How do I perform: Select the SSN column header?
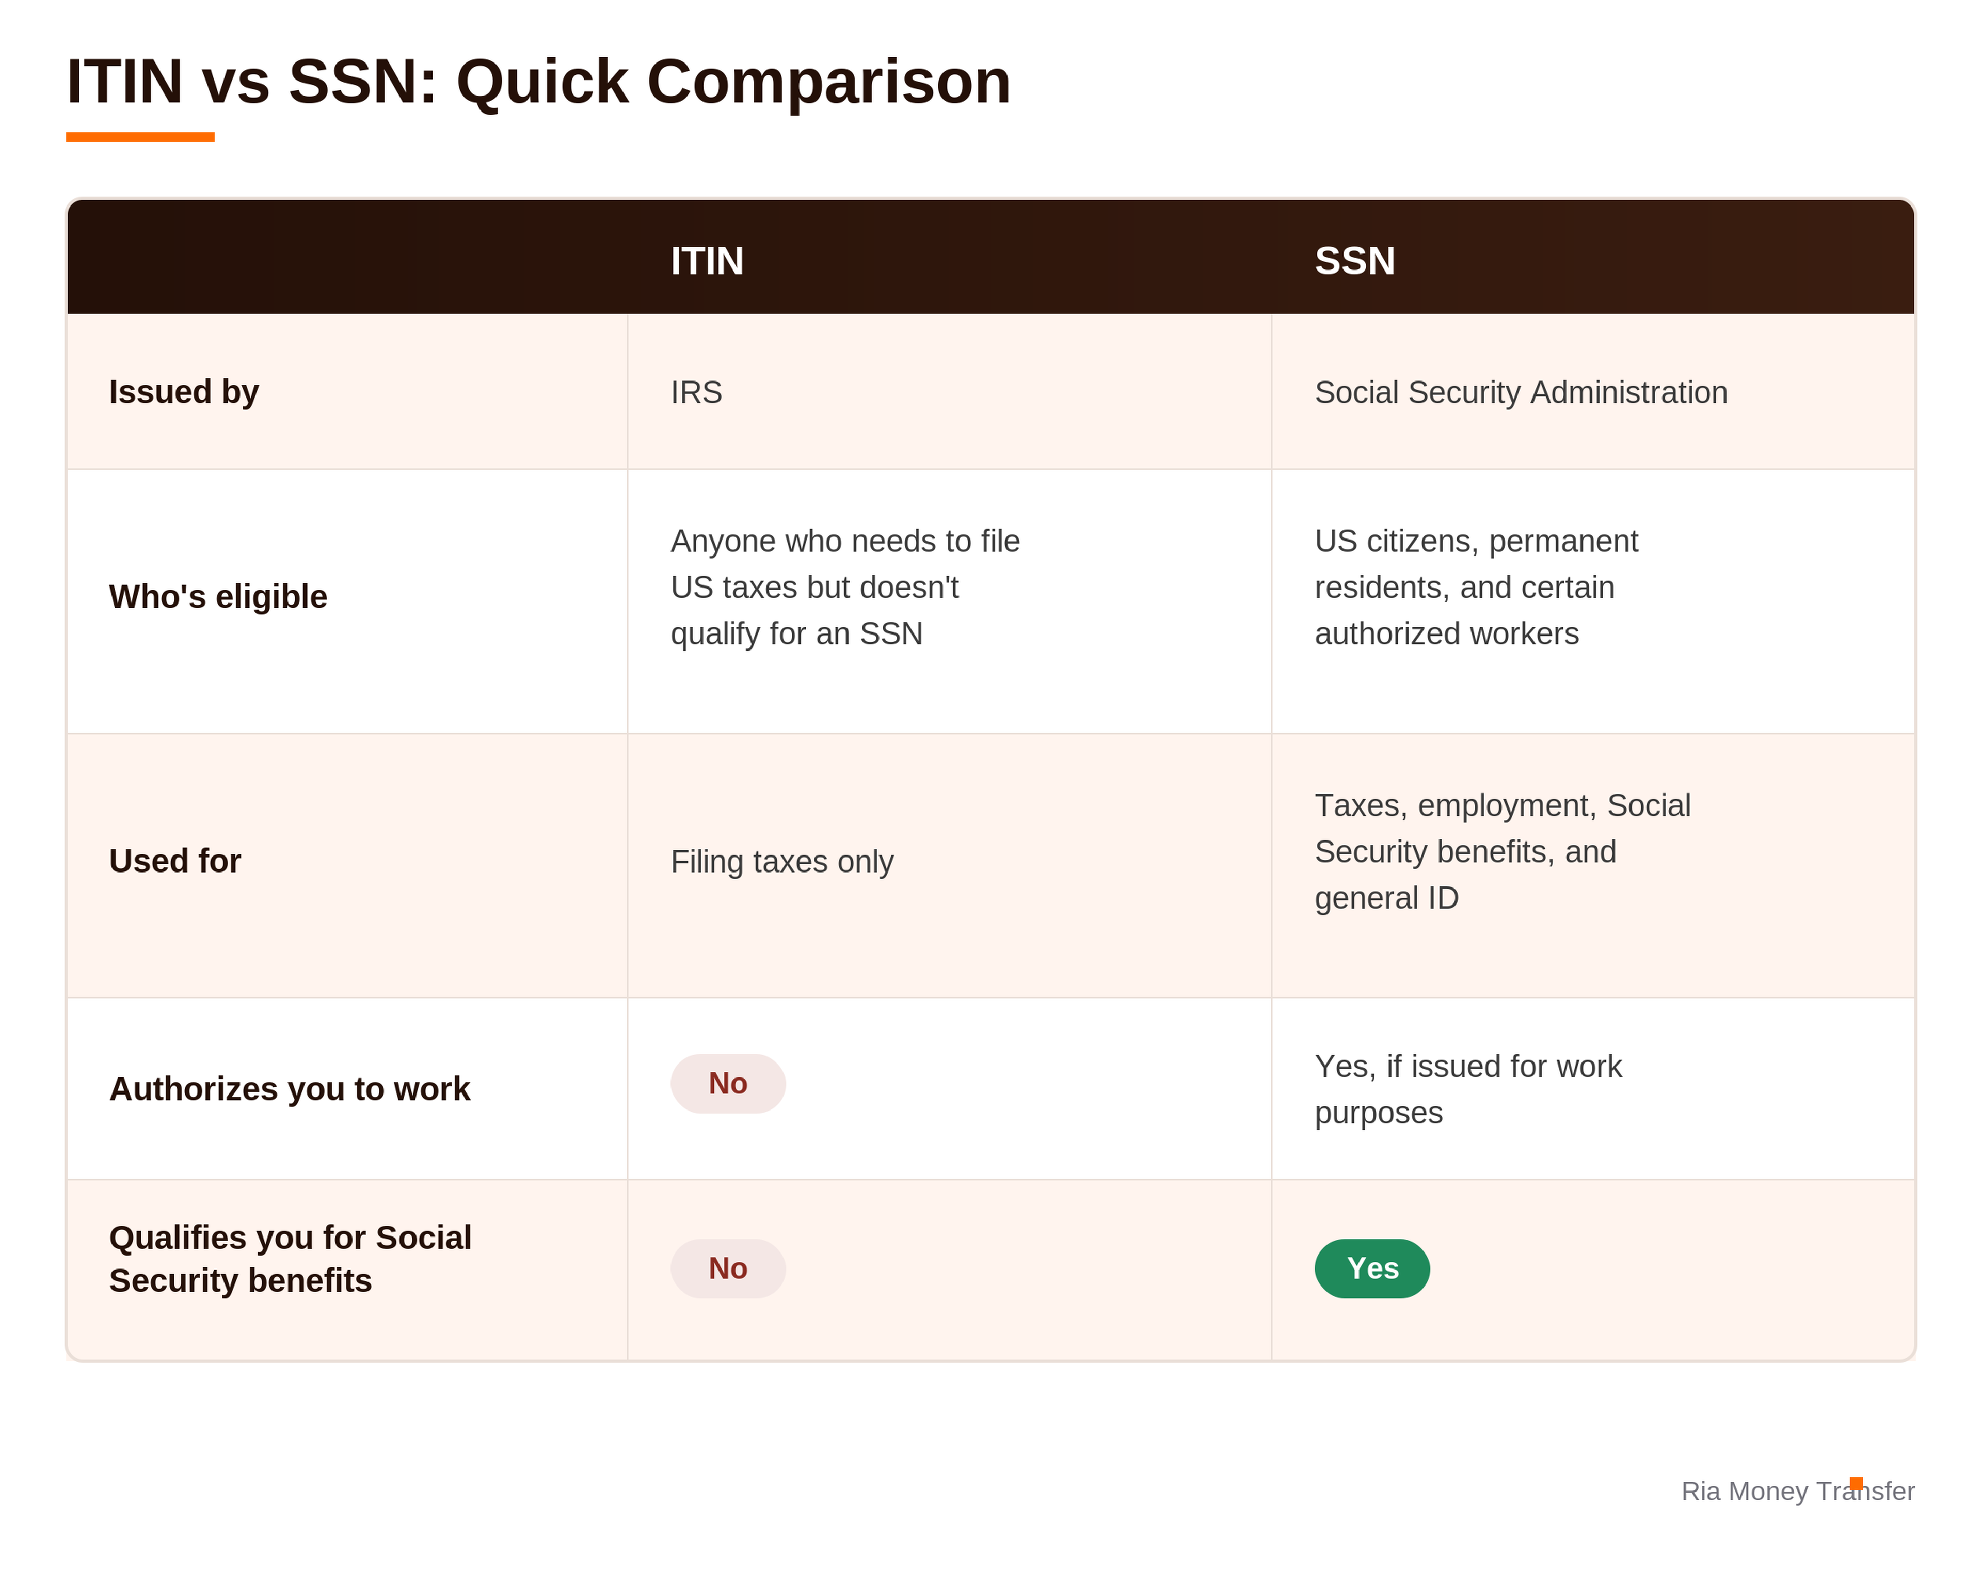click(x=1354, y=261)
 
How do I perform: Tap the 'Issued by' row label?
click(x=184, y=392)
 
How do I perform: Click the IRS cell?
click(x=696, y=392)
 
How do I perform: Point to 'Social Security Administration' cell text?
click(x=1521, y=392)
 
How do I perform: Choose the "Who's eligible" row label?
click(x=218, y=597)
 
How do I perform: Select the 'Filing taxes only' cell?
click(x=781, y=862)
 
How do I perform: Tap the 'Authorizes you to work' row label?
click(x=290, y=1089)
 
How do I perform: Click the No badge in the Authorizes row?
click(x=728, y=1084)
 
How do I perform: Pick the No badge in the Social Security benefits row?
click(x=728, y=1269)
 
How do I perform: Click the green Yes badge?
click(x=1372, y=1269)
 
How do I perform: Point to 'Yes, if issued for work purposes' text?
click(x=1468, y=1089)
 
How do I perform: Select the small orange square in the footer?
click(x=1856, y=1483)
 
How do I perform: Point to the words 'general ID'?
click(x=1386, y=898)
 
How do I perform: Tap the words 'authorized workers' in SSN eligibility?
click(x=1446, y=633)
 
